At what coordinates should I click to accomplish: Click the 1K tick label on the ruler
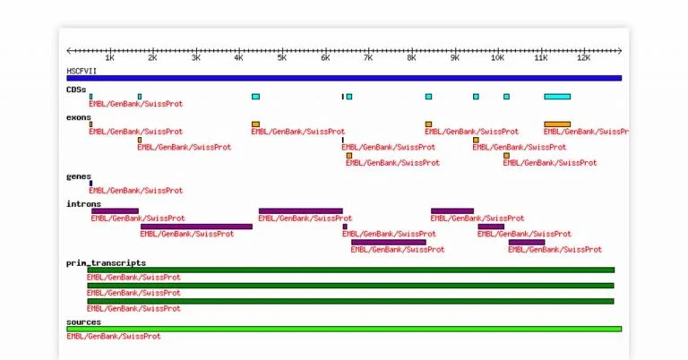click(x=109, y=58)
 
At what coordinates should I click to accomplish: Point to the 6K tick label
click(x=325, y=58)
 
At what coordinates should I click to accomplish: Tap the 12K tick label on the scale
click(x=583, y=58)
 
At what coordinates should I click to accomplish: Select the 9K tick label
click(x=455, y=58)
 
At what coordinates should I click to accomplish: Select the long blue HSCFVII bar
click(x=344, y=78)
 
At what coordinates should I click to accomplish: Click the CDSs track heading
click(x=76, y=89)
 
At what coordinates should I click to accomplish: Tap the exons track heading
click(x=78, y=116)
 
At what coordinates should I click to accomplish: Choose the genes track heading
click(x=79, y=176)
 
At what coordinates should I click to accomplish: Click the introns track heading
click(x=83, y=203)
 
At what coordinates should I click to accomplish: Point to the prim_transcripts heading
click(x=106, y=262)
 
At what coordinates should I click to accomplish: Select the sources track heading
click(x=83, y=321)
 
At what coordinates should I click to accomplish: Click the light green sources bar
click(x=344, y=329)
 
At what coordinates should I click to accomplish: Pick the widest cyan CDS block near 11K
click(x=557, y=97)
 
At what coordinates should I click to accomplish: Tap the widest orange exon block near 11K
click(x=557, y=124)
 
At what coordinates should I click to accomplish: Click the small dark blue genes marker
click(x=90, y=184)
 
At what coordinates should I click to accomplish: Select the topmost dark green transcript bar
click(x=350, y=270)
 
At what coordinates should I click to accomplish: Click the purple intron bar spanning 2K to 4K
click(x=196, y=227)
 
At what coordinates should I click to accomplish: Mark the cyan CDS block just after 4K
click(x=256, y=97)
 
